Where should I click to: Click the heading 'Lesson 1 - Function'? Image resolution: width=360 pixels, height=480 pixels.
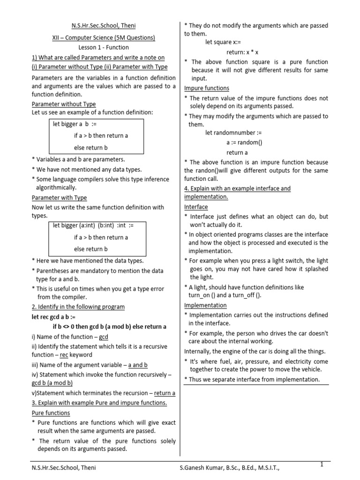103,47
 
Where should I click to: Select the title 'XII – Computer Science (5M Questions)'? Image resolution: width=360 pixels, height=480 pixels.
103,37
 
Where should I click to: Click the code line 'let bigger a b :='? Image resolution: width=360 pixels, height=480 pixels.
74,124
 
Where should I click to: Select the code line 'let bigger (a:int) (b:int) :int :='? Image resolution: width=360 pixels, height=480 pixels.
93,225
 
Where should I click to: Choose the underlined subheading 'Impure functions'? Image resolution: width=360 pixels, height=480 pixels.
207,88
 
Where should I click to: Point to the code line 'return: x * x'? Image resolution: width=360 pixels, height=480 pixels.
242,52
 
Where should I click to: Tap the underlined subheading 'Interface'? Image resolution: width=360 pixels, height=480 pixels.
196,207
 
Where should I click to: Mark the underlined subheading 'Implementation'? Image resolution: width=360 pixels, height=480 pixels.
205,305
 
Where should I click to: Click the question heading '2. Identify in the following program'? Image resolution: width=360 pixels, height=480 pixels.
78,307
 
